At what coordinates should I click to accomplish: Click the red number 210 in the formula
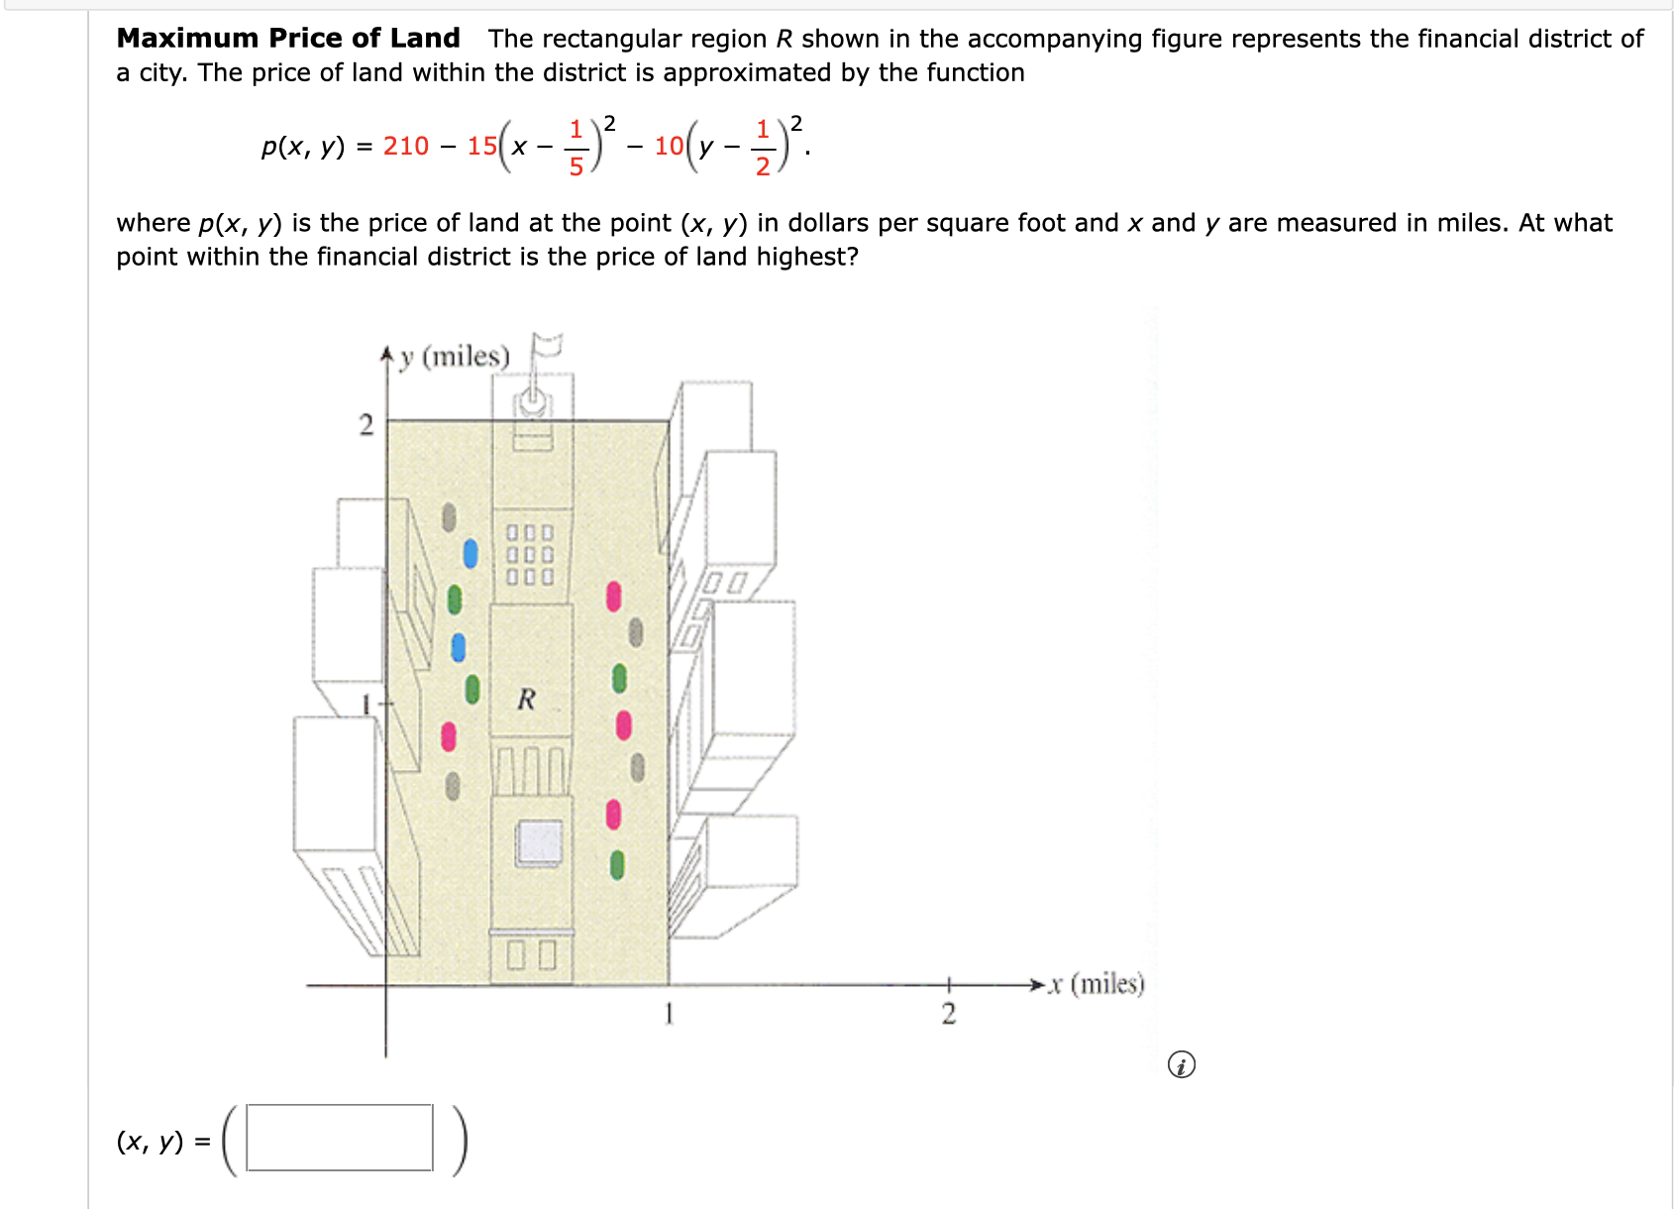(x=406, y=147)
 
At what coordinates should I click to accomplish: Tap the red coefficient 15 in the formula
(x=482, y=147)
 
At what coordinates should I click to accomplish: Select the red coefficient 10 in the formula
(x=669, y=147)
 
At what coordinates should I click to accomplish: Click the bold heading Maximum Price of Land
(x=288, y=39)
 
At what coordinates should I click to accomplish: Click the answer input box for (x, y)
(x=340, y=1138)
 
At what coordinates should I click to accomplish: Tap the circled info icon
(x=1181, y=1065)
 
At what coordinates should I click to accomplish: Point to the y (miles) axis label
(x=454, y=357)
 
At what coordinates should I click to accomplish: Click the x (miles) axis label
(x=1097, y=984)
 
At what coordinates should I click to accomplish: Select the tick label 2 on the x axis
(x=948, y=1014)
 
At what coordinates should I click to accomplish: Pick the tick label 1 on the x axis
(x=669, y=1014)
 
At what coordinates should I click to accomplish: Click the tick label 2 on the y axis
(x=366, y=426)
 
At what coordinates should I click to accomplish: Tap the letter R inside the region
(x=526, y=700)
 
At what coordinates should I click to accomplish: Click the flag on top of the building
(x=546, y=348)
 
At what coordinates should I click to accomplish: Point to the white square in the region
(x=540, y=842)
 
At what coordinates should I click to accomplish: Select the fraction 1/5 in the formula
(x=575, y=147)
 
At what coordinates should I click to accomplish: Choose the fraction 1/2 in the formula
(x=763, y=147)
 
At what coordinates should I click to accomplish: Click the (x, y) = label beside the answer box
(x=162, y=1142)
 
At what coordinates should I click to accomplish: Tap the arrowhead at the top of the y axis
(x=387, y=353)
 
